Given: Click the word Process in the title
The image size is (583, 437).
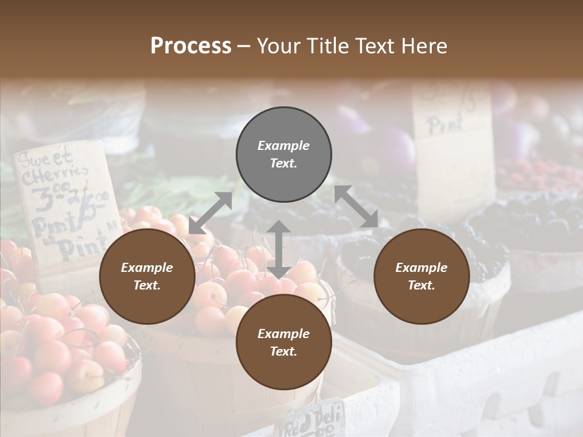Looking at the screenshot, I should tap(191, 46).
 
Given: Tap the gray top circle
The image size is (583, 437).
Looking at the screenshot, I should tap(284, 154).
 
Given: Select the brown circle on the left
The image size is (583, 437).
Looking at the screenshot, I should tap(147, 276).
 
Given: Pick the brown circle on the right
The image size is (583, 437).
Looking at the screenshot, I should tap(421, 276).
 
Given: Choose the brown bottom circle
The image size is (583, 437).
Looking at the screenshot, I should tap(284, 342).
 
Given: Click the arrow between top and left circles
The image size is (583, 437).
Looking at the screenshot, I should tap(210, 213).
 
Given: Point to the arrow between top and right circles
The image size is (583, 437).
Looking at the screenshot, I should tap(357, 207).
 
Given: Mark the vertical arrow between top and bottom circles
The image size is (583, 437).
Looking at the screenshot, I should tap(279, 249).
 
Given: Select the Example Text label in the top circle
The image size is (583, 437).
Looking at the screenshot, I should tap(284, 154).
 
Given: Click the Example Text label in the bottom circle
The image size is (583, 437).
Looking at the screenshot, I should tap(284, 342).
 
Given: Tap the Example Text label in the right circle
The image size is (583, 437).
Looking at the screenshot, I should tap(421, 276).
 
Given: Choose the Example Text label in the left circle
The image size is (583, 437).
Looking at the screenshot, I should tap(147, 276).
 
